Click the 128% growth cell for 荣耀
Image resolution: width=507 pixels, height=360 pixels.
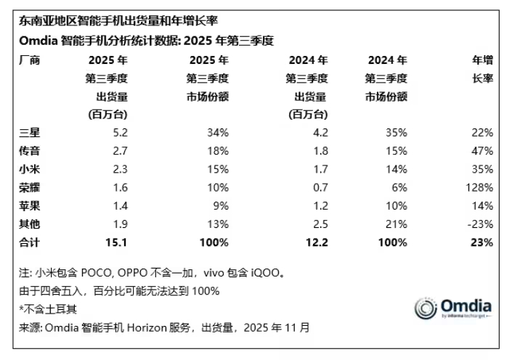[x=481, y=187]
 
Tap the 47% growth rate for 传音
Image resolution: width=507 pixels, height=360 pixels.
[x=483, y=150]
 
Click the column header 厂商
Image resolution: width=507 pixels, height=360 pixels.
[x=30, y=60]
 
